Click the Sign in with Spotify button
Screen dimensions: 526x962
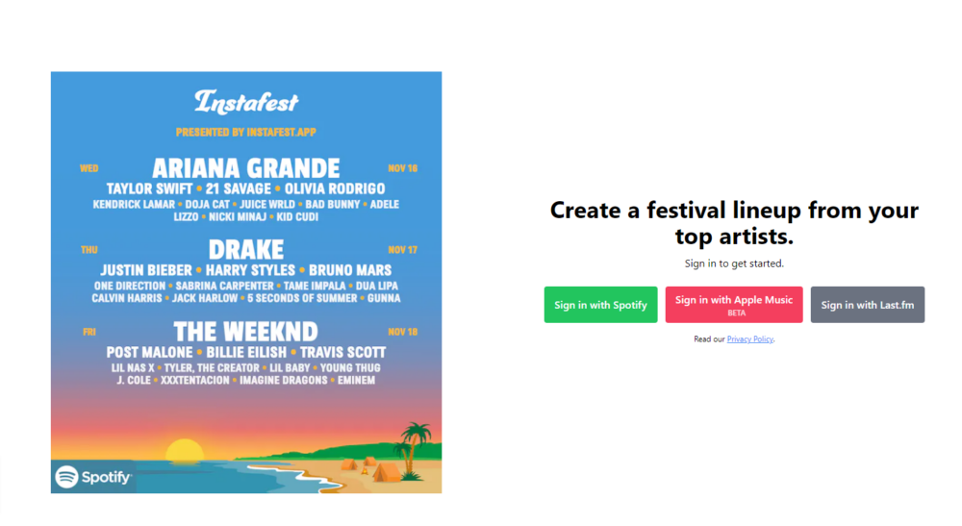[600, 305]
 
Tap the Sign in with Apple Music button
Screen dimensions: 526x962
[734, 305]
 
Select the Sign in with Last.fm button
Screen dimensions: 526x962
[867, 305]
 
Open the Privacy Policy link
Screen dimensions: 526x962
[749, 339]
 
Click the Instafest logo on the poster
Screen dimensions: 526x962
[246, 101]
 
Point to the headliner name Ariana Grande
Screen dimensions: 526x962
[246, 168]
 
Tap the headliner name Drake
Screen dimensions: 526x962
[246, 250]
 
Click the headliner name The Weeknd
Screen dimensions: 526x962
[246, 332]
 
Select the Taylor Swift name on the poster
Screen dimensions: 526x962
[150, 188]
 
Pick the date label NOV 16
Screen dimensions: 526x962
[403, 168]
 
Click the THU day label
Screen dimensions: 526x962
[89, 250]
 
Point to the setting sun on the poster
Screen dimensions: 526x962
[186, 451]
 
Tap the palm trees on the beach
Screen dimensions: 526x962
[417, 443]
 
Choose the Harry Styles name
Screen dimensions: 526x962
[251, 270]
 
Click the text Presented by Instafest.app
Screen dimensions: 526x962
[246, 132]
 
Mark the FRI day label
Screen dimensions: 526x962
[88, 332]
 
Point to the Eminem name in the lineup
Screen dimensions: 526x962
[355, 380]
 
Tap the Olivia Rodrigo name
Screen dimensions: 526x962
[335, 188]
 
